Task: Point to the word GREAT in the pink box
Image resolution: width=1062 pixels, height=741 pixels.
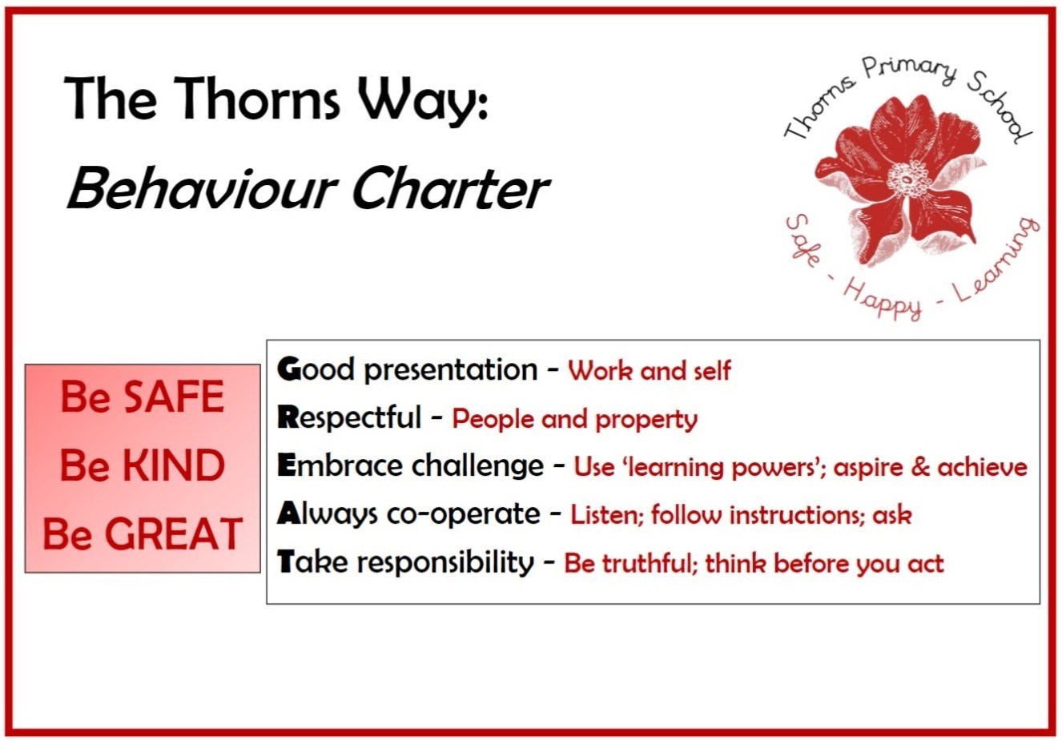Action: [174, 534]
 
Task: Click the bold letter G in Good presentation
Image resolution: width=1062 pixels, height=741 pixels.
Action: [289, 369]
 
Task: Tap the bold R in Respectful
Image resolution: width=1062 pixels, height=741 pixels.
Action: [288, 417]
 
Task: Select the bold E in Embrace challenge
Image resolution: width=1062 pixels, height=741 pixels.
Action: [286, 465]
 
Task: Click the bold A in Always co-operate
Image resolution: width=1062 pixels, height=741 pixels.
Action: [289, 513]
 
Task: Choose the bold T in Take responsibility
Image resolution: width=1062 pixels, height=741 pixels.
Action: [287, 562]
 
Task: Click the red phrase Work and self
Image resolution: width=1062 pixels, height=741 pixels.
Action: [650, 371]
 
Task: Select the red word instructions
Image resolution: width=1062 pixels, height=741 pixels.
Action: [797, 515]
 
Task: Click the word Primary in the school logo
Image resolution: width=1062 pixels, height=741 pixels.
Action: [909, 76]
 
